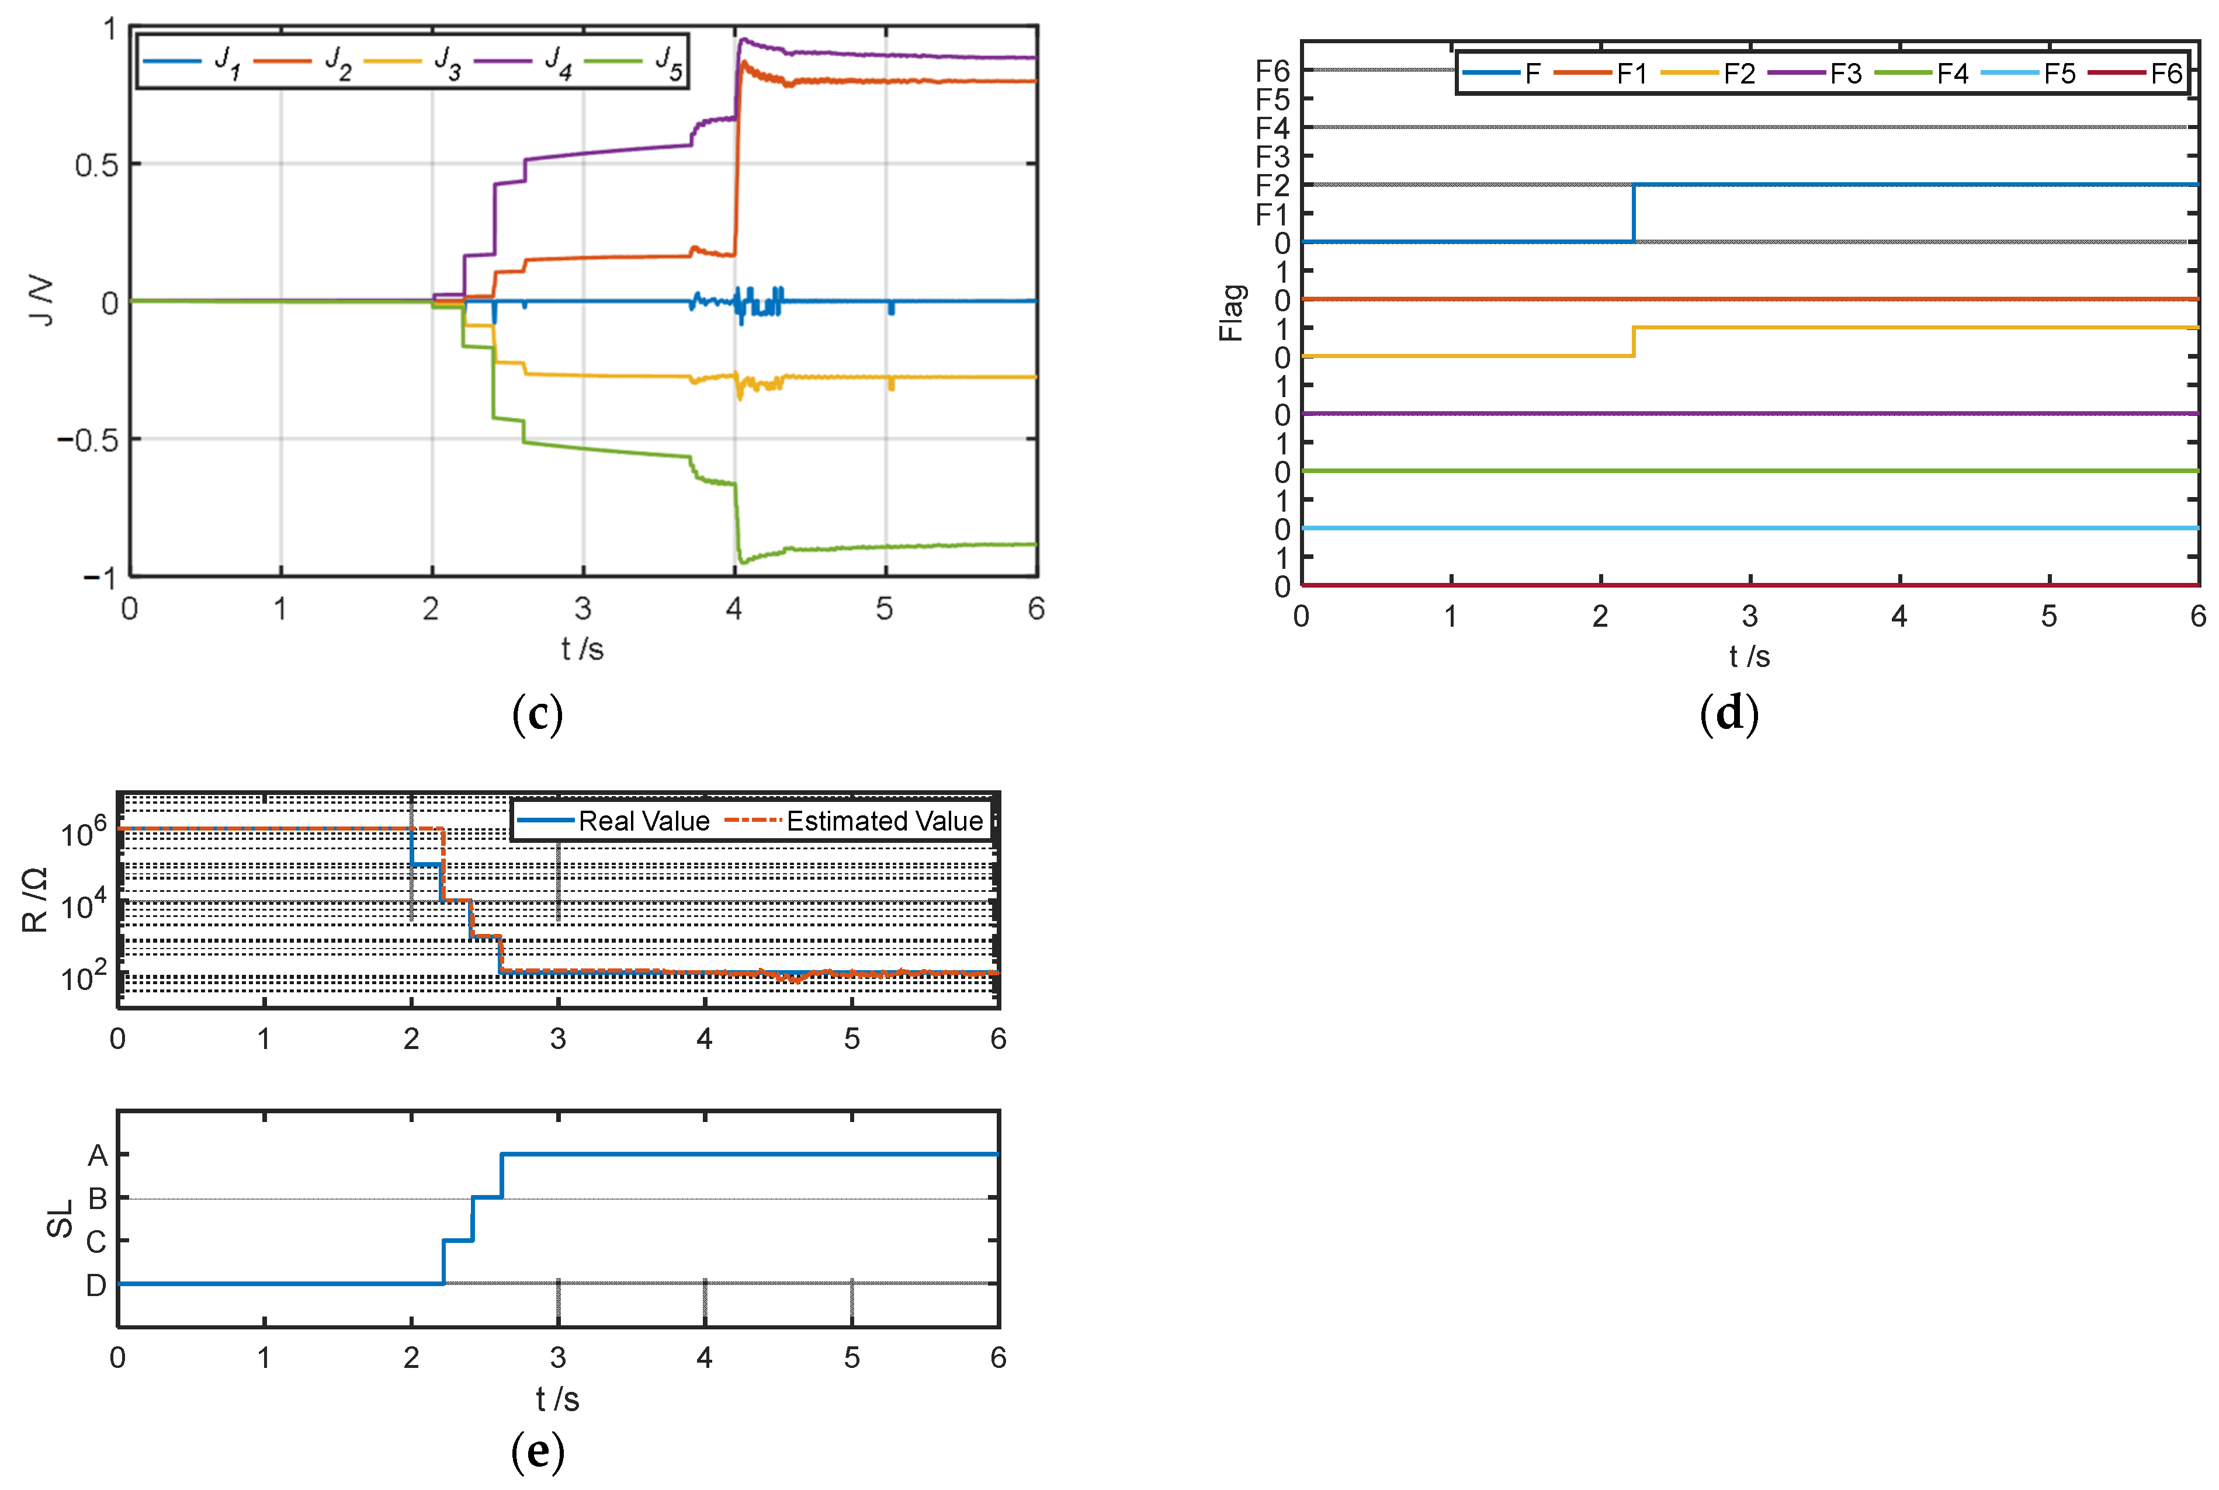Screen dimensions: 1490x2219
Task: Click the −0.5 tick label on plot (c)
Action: coord(88,440)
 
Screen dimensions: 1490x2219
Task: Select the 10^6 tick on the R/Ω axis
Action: coord(84,833)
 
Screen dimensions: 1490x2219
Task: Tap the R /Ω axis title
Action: coord(35,899)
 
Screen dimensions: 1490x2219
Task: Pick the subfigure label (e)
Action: coord(537,1450)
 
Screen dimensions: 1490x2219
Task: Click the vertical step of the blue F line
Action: coord(1632,213)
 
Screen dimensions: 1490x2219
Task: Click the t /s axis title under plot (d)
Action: coord(1749,656)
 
